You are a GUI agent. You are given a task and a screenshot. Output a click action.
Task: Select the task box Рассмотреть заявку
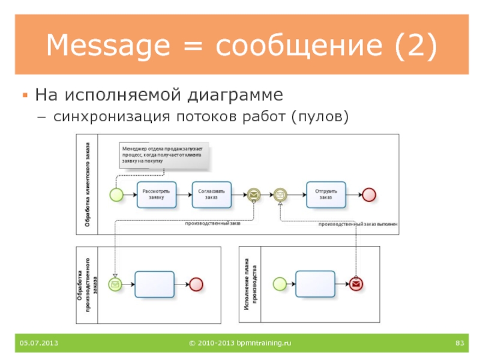pyautogui.click(x=157, y=194)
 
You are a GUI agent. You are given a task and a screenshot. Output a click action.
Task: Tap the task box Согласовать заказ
pyautogui.click(x=212, y=194)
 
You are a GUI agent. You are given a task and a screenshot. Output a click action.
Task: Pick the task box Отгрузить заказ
pyautogui.click(x=326, y=194)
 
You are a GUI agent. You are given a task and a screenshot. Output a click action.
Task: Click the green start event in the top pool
pyautogui.click(x=116, y=194)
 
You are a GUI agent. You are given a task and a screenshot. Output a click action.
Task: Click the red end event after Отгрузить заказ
pyautogui.click(x=368, y=194)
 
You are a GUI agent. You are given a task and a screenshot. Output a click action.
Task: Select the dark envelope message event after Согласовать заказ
pyautogui.click(x=254, y=194)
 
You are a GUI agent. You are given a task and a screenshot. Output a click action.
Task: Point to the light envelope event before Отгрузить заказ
pyautogui.click(x=280, y=194)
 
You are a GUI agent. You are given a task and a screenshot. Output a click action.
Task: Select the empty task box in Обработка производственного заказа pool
pyautogui.click(x=154, y=284)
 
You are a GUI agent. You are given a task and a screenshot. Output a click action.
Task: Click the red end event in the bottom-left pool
pyautogui.click(x=196, y=284)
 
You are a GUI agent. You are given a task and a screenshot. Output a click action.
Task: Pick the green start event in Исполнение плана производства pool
pyautogui.click(x=278, y=283)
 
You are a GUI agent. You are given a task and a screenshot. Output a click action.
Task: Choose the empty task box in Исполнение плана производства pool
pyautogui.click(x=316, y=283)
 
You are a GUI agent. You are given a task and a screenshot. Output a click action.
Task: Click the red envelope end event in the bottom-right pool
pyautogui.click(x=357, y=284)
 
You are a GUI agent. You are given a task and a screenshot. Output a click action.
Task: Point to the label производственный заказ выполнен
pyautogui.click(x=358, y=224)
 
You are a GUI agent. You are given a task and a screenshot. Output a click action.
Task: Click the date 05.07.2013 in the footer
pyautogui.click(x=38, y=343)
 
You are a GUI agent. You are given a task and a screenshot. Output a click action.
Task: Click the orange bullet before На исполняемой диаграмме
pyautogui.click(x=25, y=95)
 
